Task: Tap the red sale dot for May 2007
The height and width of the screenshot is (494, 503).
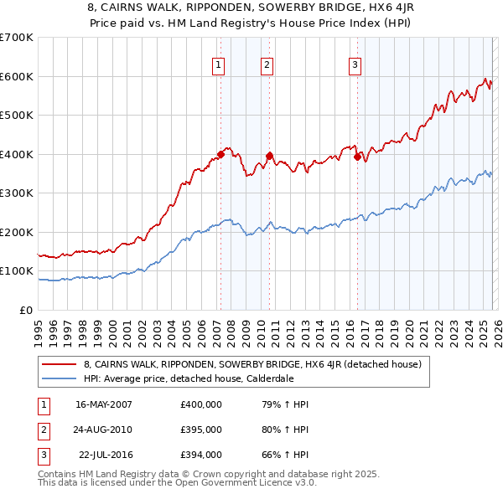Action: click(x=220, y=154)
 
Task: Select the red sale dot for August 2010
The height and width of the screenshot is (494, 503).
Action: click(x=269, y=155)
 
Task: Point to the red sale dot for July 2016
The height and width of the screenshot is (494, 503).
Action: click(x=357, y=156)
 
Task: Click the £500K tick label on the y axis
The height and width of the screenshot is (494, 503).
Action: click(x=17, y=116)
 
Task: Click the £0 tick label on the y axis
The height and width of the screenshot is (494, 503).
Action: click(x=26, y=311)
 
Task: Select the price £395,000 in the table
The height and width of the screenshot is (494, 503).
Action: click(x=201, y=430)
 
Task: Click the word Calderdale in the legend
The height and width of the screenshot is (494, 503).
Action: click(x=269, y=378)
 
